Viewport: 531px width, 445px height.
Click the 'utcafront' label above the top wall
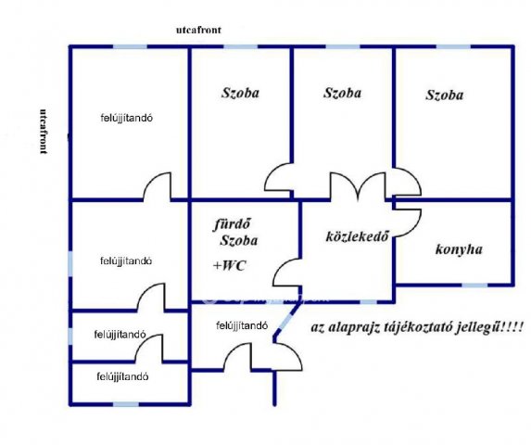click(198, 30)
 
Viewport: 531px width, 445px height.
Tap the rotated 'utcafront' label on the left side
click(44, 132)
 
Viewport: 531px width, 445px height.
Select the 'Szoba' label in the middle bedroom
click(342, 93)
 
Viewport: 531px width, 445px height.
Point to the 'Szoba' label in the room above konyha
click(444, 95)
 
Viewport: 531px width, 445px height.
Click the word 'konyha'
click(459, 249)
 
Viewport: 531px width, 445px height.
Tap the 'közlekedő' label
click(357, 236)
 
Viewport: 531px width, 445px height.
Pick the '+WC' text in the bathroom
click(229, 265)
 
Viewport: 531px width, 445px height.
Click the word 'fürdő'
click(233, 224)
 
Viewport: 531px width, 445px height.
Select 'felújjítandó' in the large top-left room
click(126, 118)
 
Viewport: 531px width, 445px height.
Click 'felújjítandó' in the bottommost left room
click(122, 376)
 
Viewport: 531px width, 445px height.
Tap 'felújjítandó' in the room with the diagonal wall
click(242, 325)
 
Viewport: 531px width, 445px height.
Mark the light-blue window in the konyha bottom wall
click(474, 285)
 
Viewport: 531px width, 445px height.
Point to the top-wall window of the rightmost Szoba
click(453, 46)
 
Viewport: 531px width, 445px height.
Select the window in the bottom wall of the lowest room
click(126, 404)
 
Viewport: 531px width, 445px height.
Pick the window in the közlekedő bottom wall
click(368, 301)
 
